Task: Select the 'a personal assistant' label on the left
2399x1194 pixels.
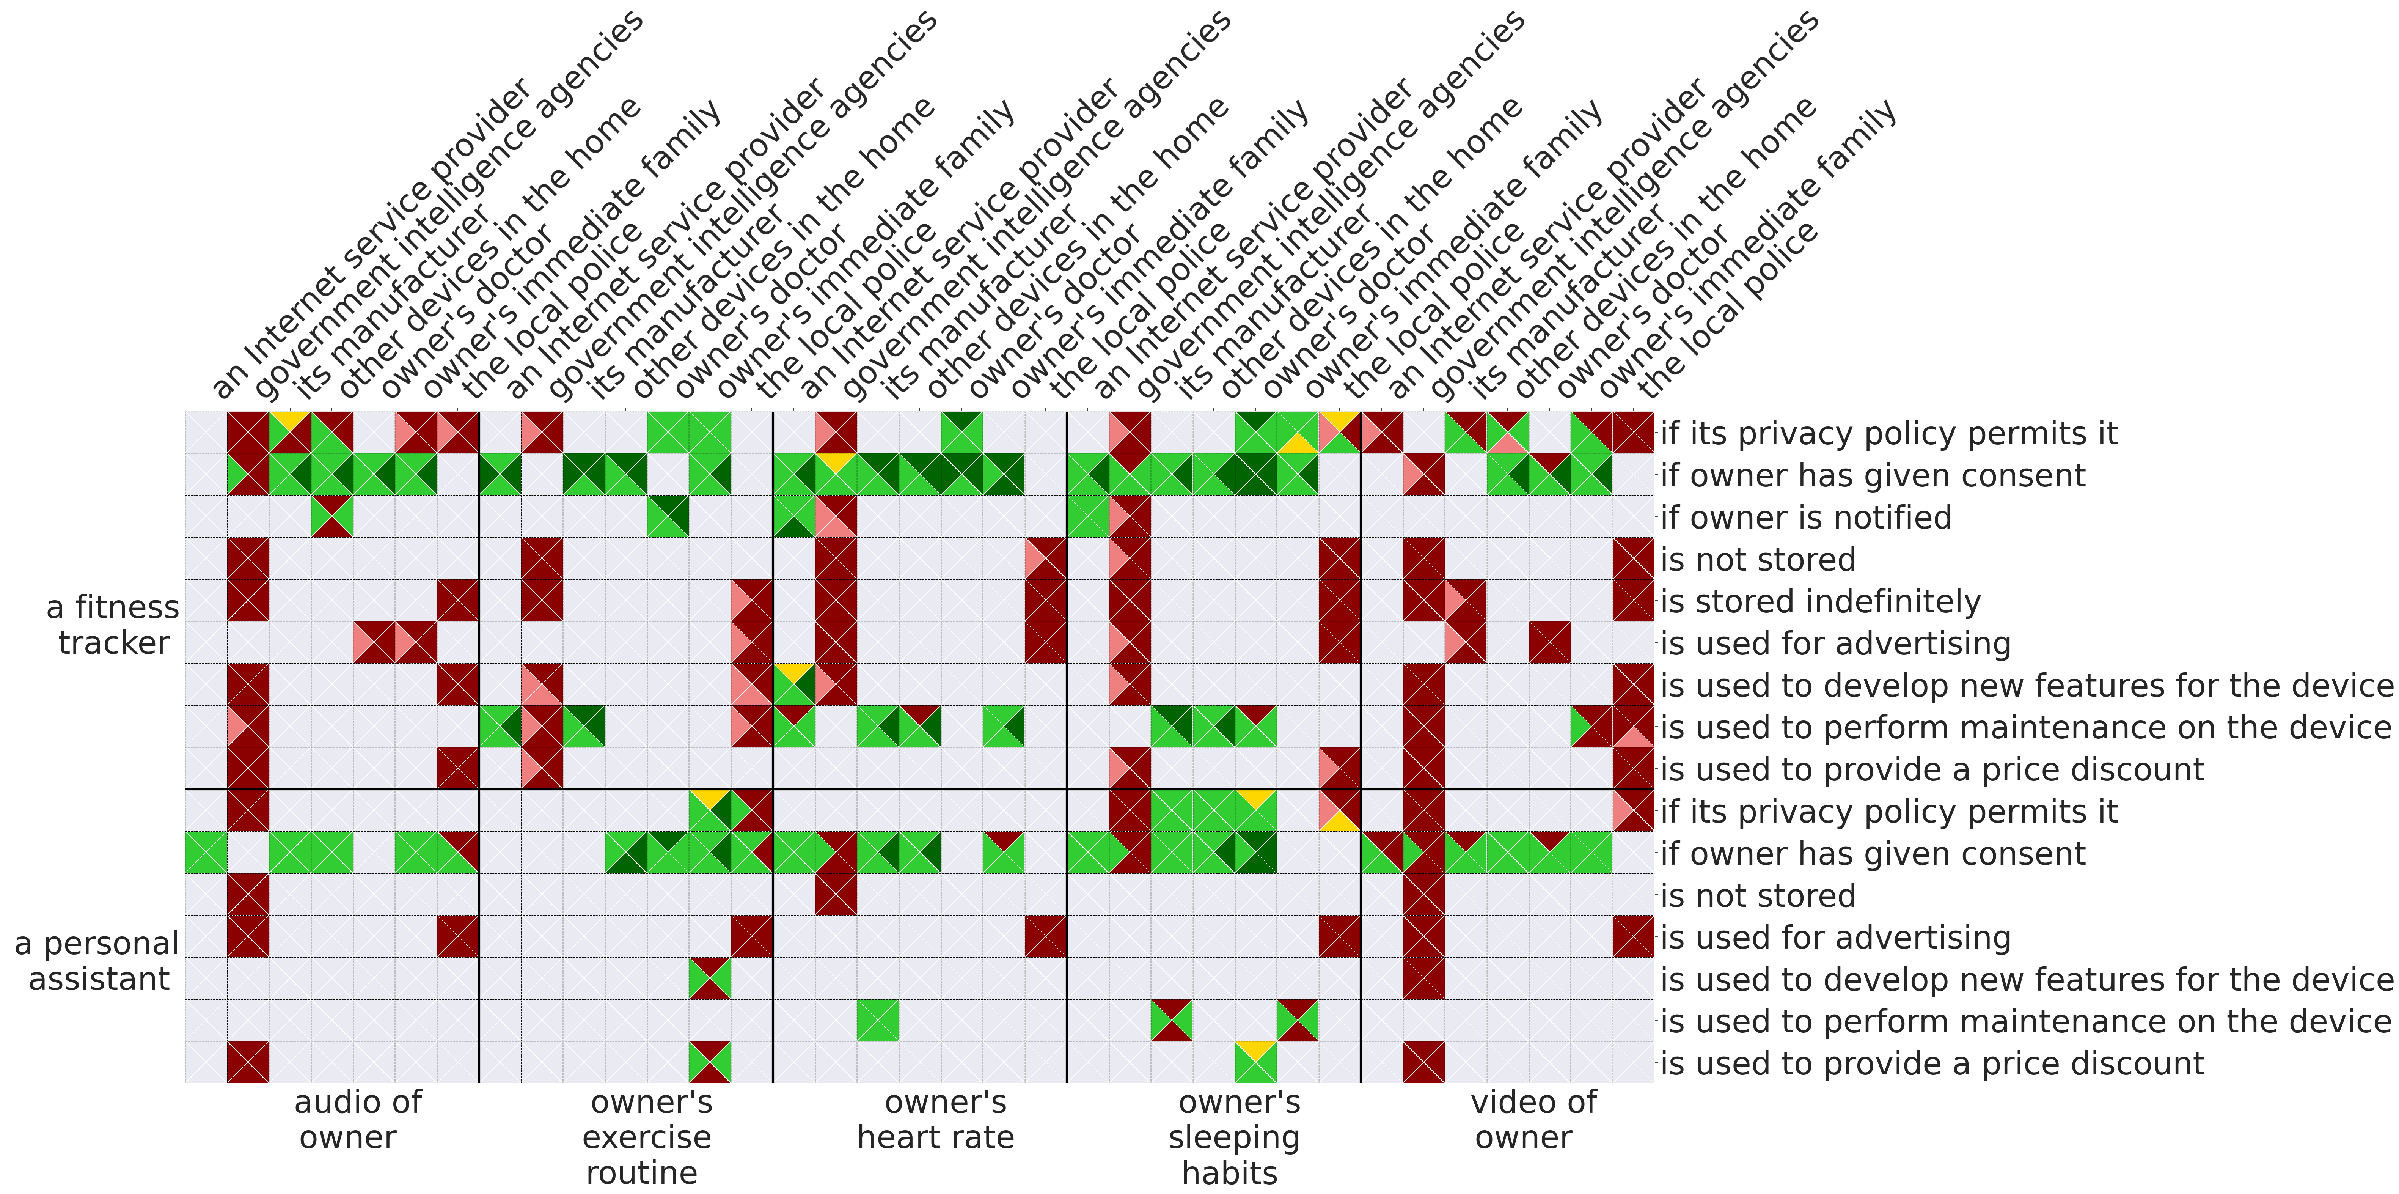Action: pos(97,961)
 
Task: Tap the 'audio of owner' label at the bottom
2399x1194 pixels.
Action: pos(357,1120)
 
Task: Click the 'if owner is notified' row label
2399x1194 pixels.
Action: pos(1805,518)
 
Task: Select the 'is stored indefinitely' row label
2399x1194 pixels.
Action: pos(1820,602)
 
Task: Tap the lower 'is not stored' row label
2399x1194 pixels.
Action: pos(1757,896)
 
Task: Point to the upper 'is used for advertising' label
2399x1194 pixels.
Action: pos(1835,643)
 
